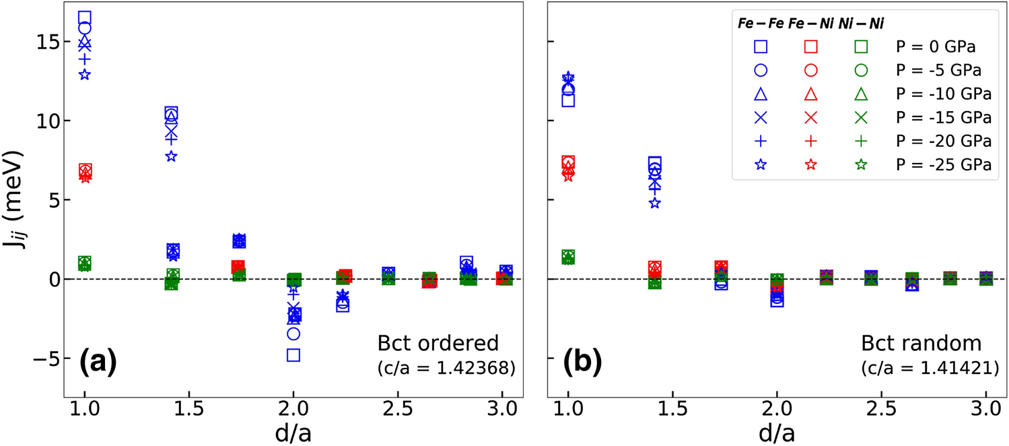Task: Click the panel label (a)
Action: (x=98, y=362)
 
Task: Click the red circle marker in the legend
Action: (x=810, y=71)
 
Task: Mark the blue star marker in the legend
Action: (x=761, y=165)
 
